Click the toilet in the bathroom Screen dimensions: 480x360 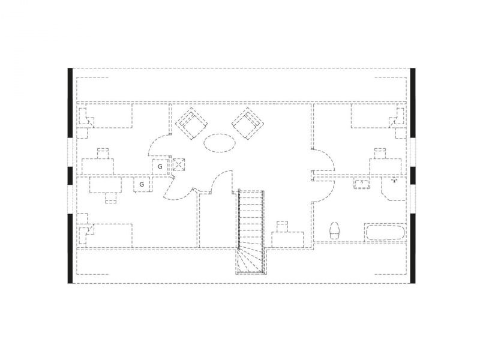point(335,230)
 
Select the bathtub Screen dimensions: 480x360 point(385,233)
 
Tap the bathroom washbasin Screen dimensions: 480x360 point(362,184)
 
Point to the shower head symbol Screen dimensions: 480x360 point(394,180)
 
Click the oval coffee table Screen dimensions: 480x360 point(220,143)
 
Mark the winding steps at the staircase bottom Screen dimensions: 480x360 point(251,261)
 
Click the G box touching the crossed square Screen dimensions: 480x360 point(160,167)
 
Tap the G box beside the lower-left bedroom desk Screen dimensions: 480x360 point(142,185)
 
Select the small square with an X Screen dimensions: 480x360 point(179,164)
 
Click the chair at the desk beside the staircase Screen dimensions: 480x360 point(282,227)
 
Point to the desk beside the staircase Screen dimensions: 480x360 point(288,239)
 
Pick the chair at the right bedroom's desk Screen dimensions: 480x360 point(380,154)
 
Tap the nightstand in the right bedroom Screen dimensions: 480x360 point(401,133)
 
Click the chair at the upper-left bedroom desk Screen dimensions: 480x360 point(103,154)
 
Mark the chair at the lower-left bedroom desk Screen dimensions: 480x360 point(110,198)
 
